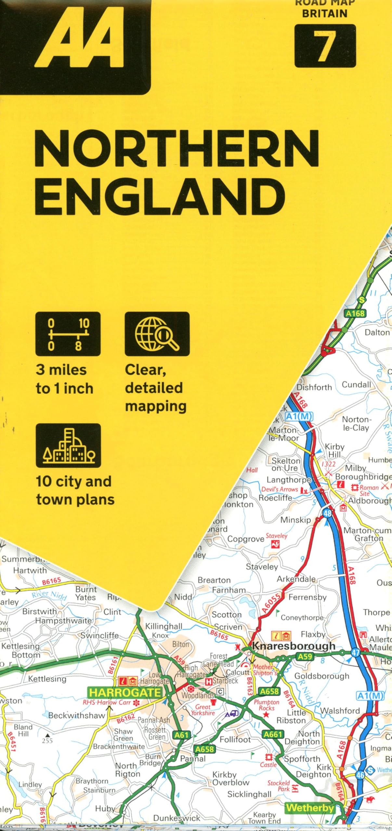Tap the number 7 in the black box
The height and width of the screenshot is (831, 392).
click(x=325, y=46)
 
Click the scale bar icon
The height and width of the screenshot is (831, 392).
click(x=68, y=334)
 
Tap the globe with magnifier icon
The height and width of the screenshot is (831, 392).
click(x=157, y=334)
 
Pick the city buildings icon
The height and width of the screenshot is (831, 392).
click(x=68, y=445)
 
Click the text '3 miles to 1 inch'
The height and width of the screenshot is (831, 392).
click(x=64, y=379)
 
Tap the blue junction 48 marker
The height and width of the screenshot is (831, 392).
click(x=327, y=513)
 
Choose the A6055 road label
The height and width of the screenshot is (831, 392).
click(x=270, y=603)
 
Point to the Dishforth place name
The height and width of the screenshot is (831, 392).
click(x=314, y=387)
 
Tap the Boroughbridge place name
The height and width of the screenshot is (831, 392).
click(x=363, y=477)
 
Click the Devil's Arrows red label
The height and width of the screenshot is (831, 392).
click(x=280, y=489)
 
